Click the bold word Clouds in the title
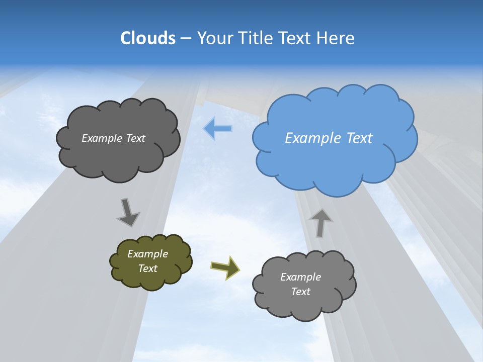(148, 38)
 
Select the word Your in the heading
(216, 38)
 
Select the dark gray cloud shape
(118, 158)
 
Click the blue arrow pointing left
(218, 129)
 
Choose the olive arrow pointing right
(225, 267)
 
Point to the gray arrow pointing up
(320, 223)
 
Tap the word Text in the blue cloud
(360, 138)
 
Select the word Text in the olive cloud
(148, 268)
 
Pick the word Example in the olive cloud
(148, 254)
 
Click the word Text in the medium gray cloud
(300, 292)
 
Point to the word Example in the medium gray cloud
(300, 277)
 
